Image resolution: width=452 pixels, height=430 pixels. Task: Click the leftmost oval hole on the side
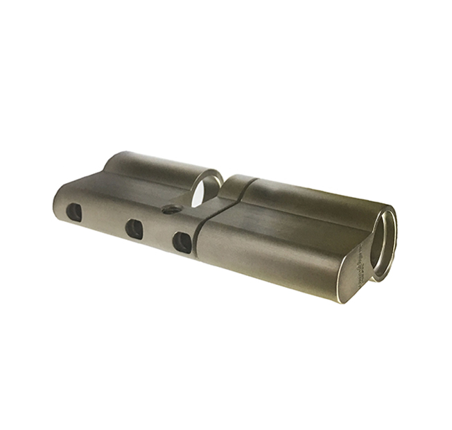click(74, 209)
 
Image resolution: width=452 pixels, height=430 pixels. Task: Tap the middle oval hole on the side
click(134, 228)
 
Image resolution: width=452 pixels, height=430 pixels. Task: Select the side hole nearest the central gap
click(182, 241)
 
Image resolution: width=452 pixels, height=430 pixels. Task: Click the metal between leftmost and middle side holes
click(104, 220)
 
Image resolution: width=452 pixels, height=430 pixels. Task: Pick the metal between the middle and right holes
click(158, 236)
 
